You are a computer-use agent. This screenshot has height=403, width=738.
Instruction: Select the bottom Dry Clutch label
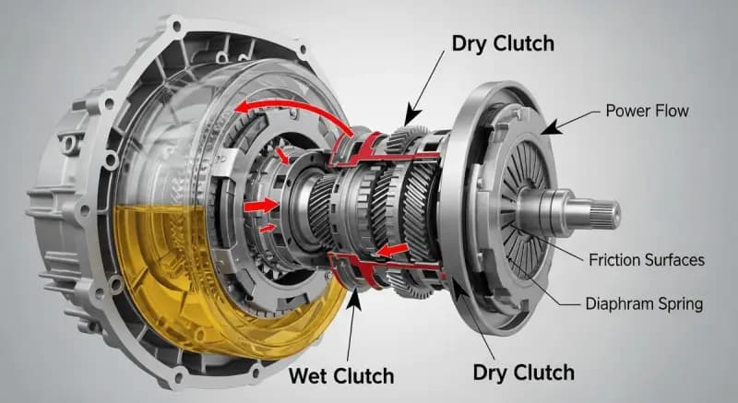pos(524,373)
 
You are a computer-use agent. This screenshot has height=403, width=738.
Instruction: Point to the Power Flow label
pos(647,112)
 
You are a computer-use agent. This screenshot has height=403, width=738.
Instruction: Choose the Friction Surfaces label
pos(646,260)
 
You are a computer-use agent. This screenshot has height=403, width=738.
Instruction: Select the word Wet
pos(310,375)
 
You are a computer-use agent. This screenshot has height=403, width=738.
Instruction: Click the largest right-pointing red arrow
pos(262,202)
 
